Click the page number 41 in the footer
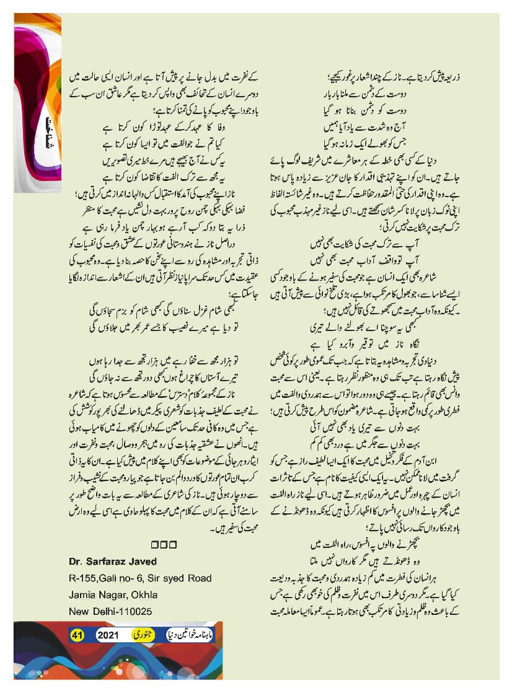77,635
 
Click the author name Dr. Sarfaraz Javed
113,562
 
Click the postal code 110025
131,611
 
